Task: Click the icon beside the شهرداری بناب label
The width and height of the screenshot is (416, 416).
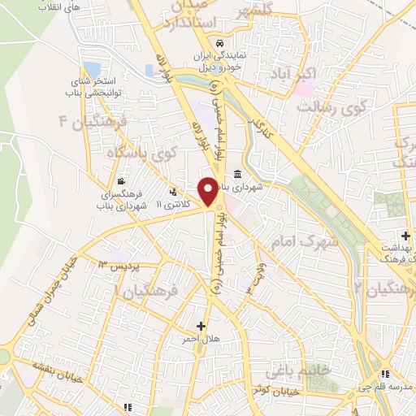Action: click(236, 175)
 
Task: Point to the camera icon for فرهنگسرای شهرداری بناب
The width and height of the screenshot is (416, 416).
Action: click(121, 181)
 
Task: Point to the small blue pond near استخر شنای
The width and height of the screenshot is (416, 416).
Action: click(92, 70)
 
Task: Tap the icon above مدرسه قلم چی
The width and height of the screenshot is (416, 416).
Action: click(385, 374)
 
